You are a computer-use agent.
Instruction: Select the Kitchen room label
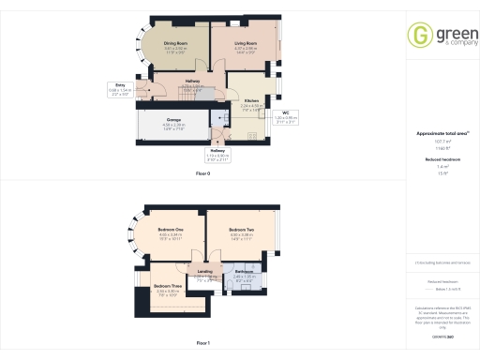[251, 100]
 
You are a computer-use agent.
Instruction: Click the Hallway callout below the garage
[217, 151]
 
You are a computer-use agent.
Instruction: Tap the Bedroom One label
[170, 229]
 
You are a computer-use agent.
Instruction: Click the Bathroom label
[245, 271]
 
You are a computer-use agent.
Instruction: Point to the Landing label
[204, 271]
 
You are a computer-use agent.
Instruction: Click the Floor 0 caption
[203, 174]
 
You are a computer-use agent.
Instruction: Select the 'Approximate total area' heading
[440, 134]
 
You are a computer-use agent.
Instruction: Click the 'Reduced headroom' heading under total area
[441, 159]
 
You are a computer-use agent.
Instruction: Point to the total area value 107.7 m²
[441, 142]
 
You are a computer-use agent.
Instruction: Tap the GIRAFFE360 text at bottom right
[441, 336]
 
